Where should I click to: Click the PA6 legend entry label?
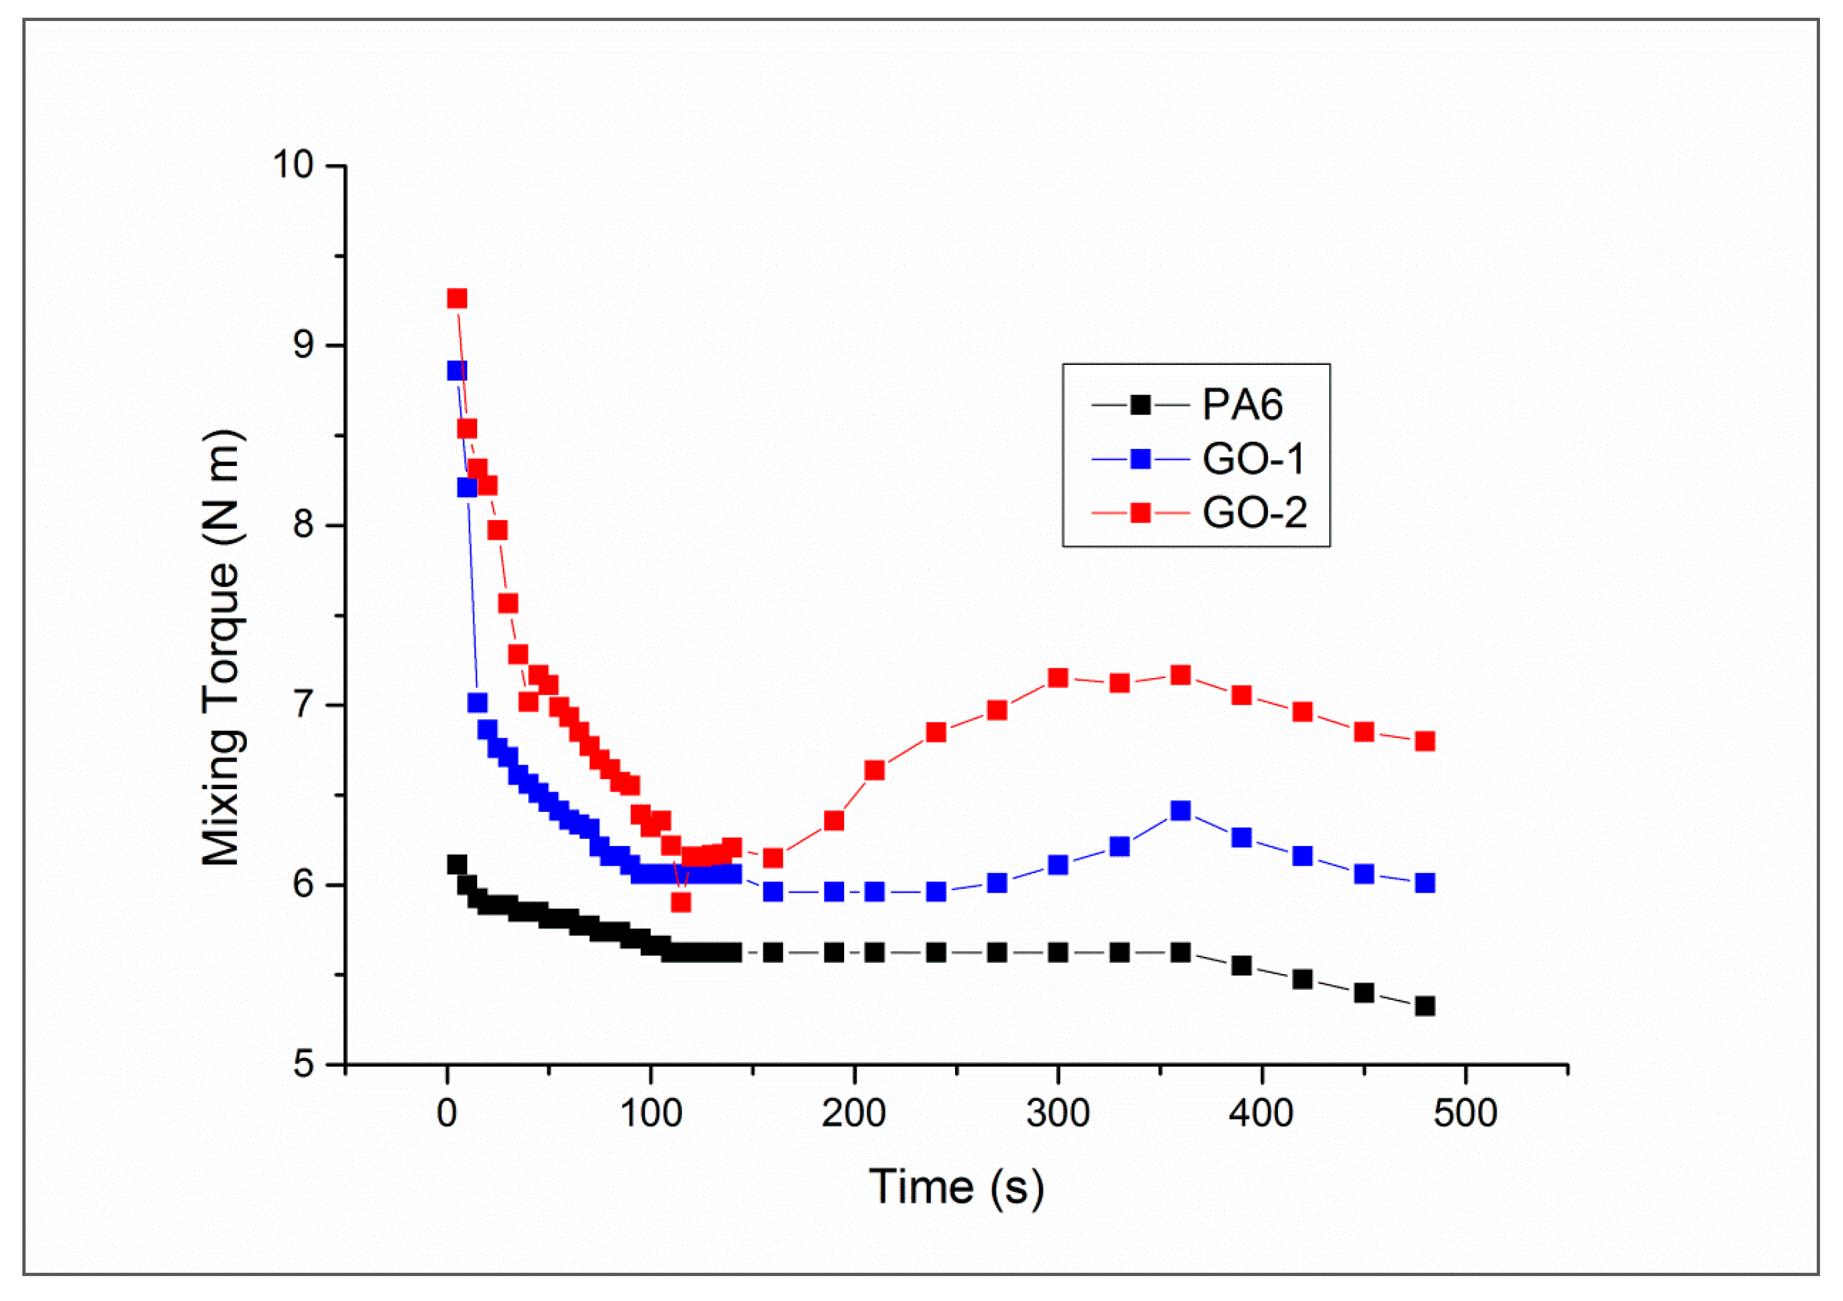pyautogui.click(x=1242, y=404)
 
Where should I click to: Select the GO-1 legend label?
pyautogui.click(x=1253, y=459)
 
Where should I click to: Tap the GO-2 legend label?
pyautogui.click(x=1254, y=513)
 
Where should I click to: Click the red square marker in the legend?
pyautogui.click(x=1140, y=513)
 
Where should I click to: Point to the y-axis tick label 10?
pyautogui.click(x=293, y=165)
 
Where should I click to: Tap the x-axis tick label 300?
pyautogui.click(x=1058, y=1113)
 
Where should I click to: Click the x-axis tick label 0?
pyautogui.click(x=447, y=1113)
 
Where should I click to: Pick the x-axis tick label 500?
pyautogui.click(x=1465, y=1113)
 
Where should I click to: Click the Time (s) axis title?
pyautogui.click(x=956, y=1187)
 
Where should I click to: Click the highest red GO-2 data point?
pyautogui.click(x=457, y=299)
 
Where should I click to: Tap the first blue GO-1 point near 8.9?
pyautogui.click(x=457, y=371)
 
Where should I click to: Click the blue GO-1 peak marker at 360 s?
pyautogui.click(x=1180, y=811)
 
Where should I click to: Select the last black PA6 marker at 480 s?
pyautogui.click(x=1425, y=1006)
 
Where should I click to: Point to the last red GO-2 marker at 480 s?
pyautogui.click(x=1425, y=741)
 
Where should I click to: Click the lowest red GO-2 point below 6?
pyautogui.click(x=681, y=902)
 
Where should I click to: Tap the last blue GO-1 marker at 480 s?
pyautogui.click(x=1425, y=883)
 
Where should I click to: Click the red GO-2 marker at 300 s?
pyautogui.click(x=1058, y=678)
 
